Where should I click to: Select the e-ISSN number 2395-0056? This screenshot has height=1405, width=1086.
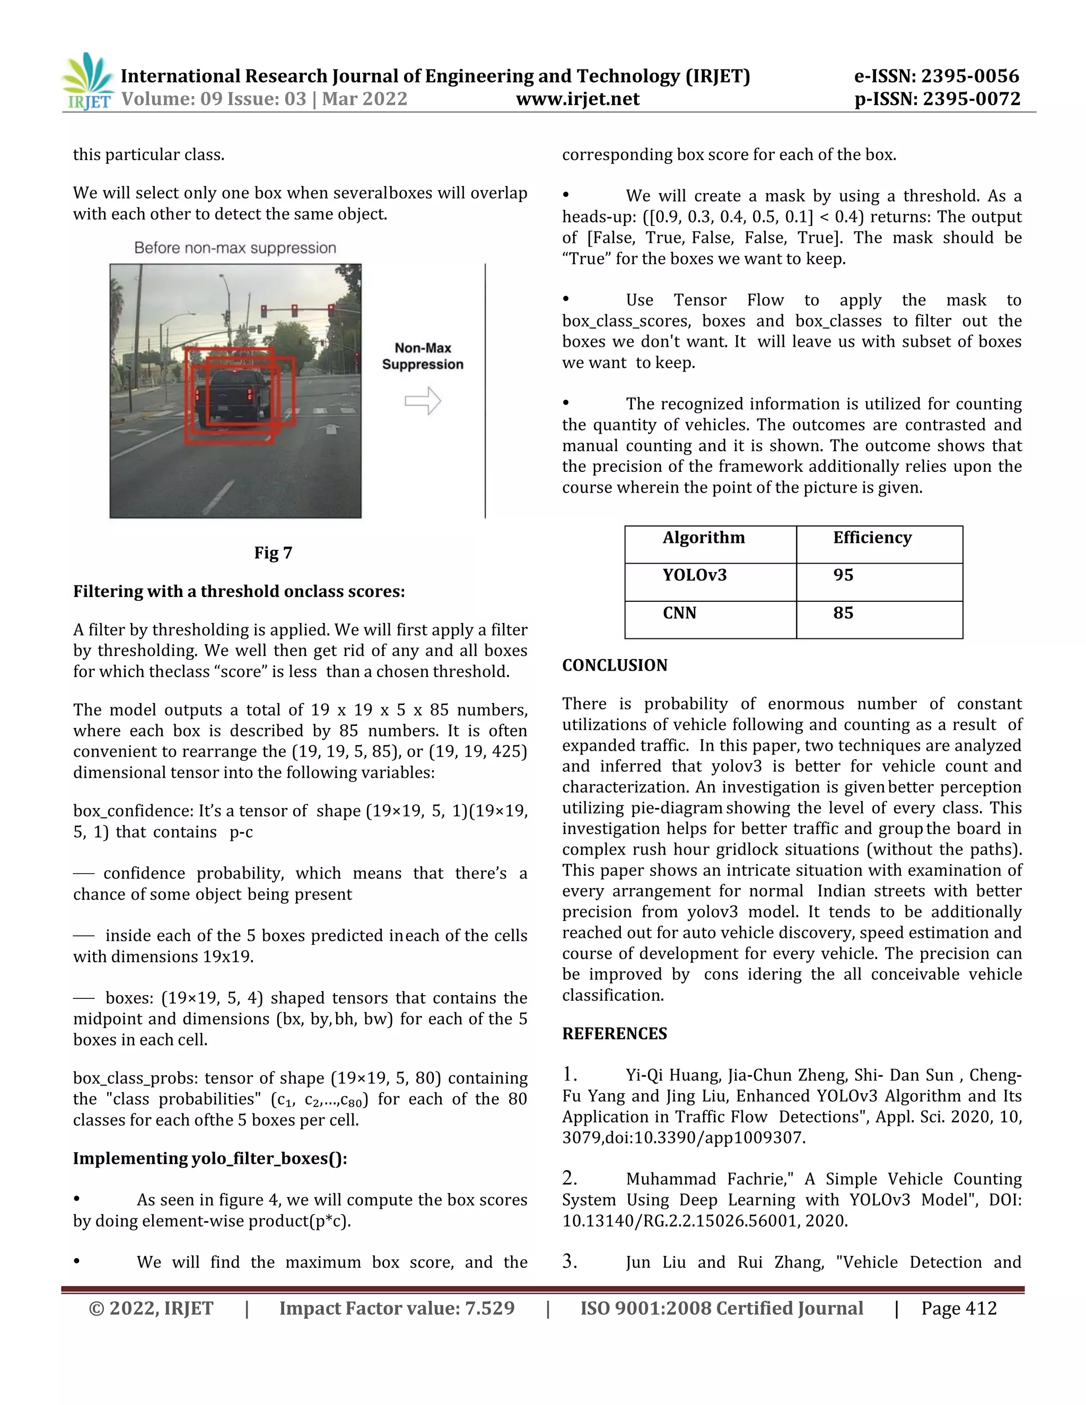970,76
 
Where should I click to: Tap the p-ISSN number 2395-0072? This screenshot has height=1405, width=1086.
971,99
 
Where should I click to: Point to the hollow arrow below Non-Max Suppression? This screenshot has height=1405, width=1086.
423,401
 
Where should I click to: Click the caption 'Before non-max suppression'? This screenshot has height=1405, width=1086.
235,248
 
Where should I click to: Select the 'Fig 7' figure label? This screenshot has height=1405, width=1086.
273,553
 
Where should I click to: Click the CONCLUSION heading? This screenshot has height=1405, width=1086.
615,665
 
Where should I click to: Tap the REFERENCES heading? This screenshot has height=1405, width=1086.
615,1034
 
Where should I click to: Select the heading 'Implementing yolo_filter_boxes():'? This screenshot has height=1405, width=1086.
210,1158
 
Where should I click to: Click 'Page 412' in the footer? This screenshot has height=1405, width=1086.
959,1309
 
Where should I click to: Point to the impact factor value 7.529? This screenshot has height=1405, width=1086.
489,1309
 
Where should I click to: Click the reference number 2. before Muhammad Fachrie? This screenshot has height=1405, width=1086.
570,1179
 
